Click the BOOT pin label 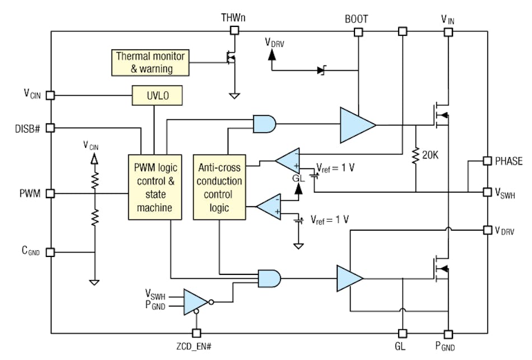[x=357, y=19]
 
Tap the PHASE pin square [x=488, y=161]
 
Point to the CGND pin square [x=50, y=252]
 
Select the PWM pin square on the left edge [x=50, y=194]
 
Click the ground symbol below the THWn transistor [x=234, y=96]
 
